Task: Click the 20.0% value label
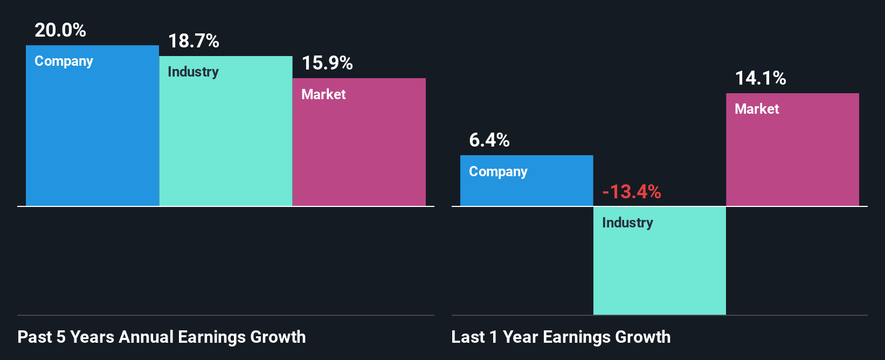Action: [60, 30]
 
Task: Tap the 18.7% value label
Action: [193, 41]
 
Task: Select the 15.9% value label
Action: [327, 63]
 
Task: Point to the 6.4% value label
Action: [489, 140]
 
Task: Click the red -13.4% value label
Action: [632, 192]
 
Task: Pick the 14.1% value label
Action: [760, 78]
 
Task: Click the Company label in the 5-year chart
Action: [64, 61]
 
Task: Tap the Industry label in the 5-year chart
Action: [193, 72]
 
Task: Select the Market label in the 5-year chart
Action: [323, 94]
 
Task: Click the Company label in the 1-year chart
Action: [498, 172]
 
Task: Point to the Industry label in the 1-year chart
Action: [627, 223]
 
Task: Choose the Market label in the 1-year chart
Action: [757, 109]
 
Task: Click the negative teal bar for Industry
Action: [659, 269]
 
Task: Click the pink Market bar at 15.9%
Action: [359, 151]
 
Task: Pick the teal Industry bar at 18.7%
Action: [225, 140]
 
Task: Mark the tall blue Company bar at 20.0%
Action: [92, 135]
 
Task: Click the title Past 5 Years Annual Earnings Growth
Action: [162, 337]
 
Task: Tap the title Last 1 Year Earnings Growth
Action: [561, 337]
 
